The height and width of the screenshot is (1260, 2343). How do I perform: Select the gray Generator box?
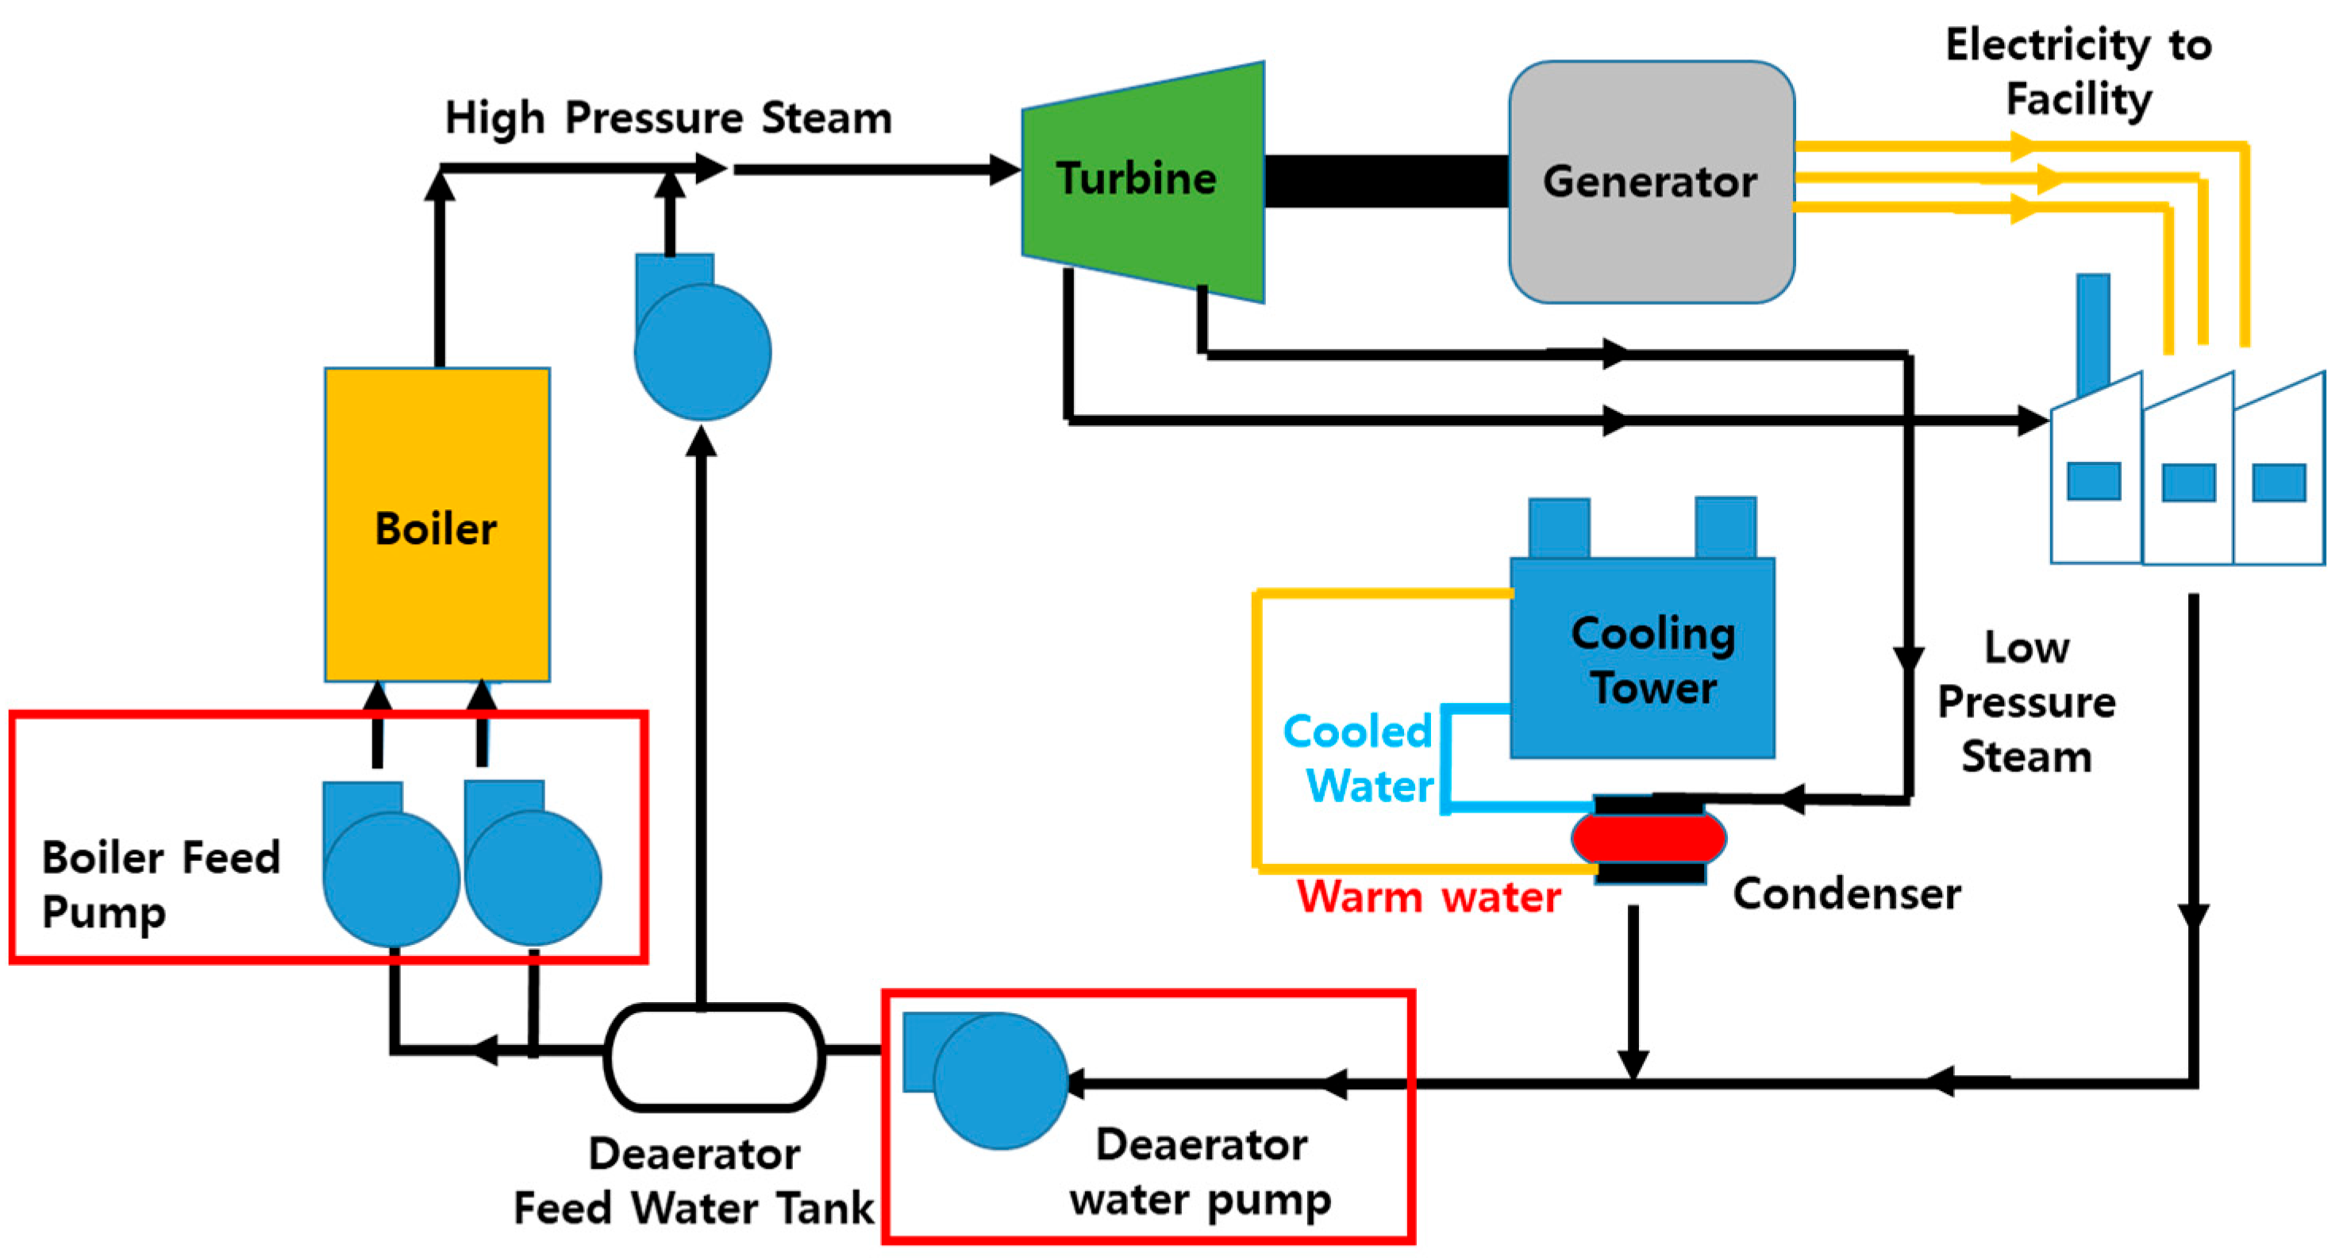pos(1651,182)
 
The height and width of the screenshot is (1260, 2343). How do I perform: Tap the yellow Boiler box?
pos(437,524)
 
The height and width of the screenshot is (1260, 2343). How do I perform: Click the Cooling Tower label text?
pos(1653,660)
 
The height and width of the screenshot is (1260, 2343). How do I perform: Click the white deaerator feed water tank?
pos(715,1057)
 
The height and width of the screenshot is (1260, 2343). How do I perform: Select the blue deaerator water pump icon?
pos(985,1079)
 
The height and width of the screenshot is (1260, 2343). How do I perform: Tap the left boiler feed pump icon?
pos(390,863)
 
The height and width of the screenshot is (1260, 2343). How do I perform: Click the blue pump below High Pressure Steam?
pos(702,337)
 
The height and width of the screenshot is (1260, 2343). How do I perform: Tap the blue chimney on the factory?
pos(2093,333)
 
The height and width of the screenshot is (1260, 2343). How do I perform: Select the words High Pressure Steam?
pos(668,119)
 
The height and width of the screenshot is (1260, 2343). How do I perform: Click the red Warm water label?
pos(1429,897)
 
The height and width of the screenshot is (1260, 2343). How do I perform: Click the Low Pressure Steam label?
pos(2026,702)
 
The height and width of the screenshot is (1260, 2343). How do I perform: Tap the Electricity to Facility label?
pos(2079,72)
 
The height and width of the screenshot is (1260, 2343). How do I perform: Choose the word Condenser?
pos(1846,893)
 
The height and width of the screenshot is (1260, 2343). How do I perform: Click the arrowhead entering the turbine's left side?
pos(1005,169)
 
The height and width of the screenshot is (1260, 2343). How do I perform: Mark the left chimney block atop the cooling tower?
pos(1559,528)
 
